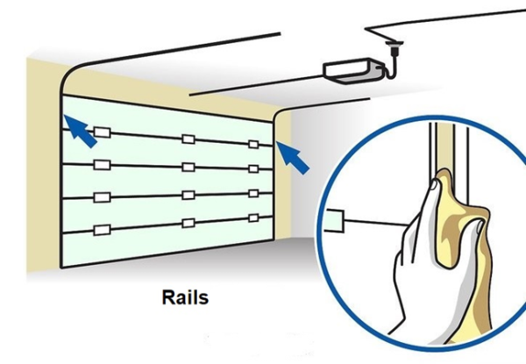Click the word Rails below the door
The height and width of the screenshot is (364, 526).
pos(186,297)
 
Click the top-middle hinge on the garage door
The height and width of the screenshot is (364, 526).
pos(188,139)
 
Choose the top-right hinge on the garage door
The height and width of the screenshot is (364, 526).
pos(252,144)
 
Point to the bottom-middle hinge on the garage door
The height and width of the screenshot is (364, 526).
pos(188,223)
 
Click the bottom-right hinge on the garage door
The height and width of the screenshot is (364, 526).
pos(253,217)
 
